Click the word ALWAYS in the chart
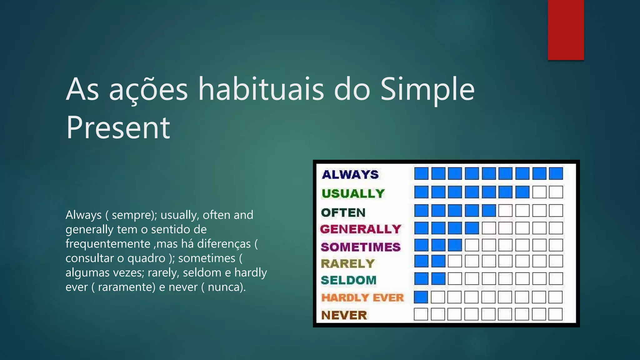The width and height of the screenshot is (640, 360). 350,174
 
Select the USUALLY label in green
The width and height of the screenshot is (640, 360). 353,193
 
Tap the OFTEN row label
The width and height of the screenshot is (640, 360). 343,212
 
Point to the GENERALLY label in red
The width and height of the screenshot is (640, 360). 360,229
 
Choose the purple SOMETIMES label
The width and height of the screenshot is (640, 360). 360,247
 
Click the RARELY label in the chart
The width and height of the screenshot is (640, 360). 347,263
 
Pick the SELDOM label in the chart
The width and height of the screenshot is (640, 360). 348,280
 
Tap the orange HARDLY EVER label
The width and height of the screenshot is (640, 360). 362,297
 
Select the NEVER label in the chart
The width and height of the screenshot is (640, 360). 344,315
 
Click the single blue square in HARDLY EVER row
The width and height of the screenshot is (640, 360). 421,297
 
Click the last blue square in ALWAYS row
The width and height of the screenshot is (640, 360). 556,173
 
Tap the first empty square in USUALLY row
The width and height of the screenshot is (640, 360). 539,192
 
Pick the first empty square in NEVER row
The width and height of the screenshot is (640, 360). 421,314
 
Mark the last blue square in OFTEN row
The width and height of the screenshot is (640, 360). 489,211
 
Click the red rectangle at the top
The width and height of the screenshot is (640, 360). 566,30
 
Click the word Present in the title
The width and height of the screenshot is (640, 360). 118,127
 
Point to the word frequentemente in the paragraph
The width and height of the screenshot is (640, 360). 108,244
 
